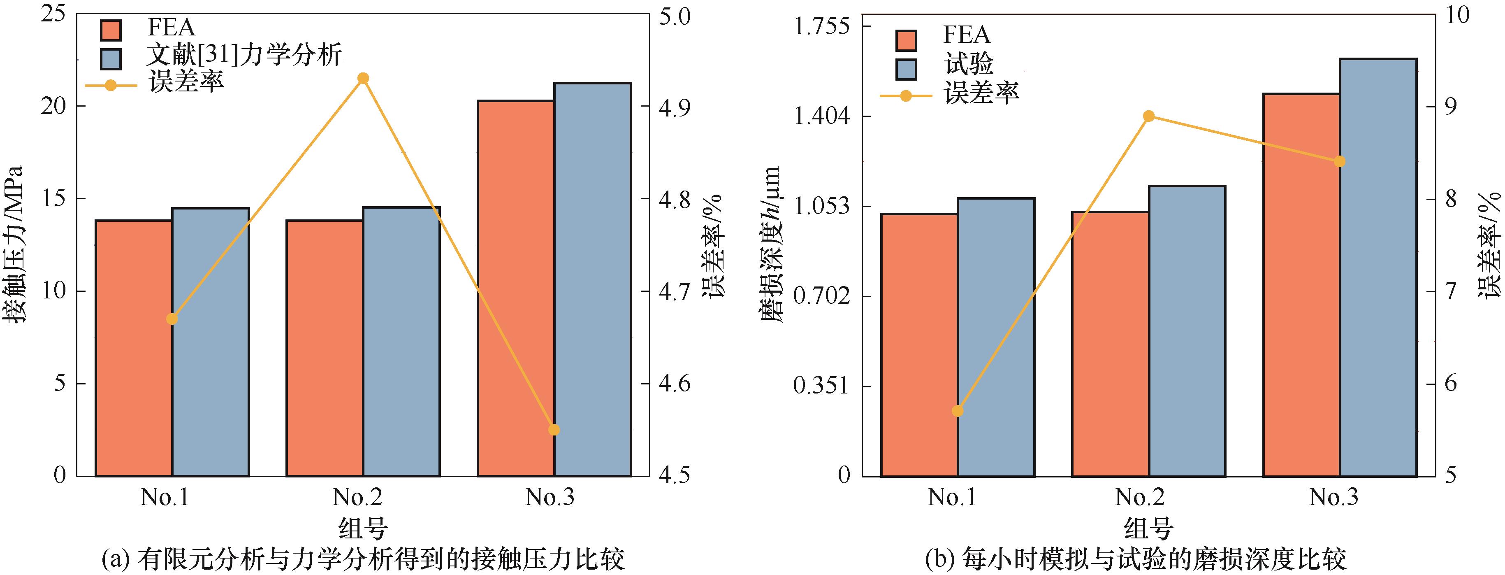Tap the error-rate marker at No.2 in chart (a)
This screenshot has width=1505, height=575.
click(x=363, y=78)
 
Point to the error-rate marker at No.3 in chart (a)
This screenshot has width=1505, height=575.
click(x=554, y=430)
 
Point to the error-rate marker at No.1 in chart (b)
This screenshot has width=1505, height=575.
click(x=957, y=411)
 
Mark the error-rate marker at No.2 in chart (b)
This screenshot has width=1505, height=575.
click(x=1149, y=116)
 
